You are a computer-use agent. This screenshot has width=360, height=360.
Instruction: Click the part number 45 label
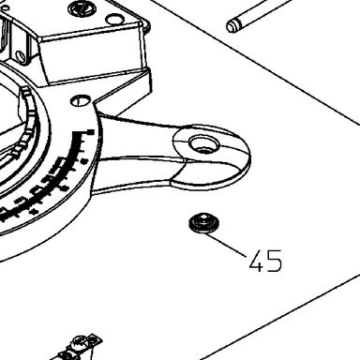point(265,261)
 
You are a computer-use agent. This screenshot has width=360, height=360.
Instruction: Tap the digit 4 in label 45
point(257,261)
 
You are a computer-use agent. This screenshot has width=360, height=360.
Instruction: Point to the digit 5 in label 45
point(275,261)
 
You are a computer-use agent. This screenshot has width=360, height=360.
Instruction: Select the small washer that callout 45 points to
point(204,223)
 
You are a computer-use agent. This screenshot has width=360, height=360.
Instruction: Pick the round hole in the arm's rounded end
point(204,145)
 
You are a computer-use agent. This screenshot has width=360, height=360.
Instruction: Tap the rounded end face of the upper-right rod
point(232,26)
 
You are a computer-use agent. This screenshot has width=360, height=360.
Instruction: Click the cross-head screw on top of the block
point(82,7)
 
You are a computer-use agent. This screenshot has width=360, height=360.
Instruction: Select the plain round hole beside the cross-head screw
point(114,20)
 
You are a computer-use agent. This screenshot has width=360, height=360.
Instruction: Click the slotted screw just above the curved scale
point(81,100)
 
